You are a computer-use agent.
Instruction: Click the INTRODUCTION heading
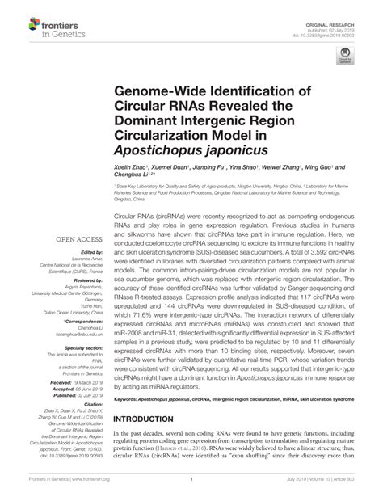(x=157, y=442)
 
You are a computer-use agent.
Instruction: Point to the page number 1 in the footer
(x=190, y=493)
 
